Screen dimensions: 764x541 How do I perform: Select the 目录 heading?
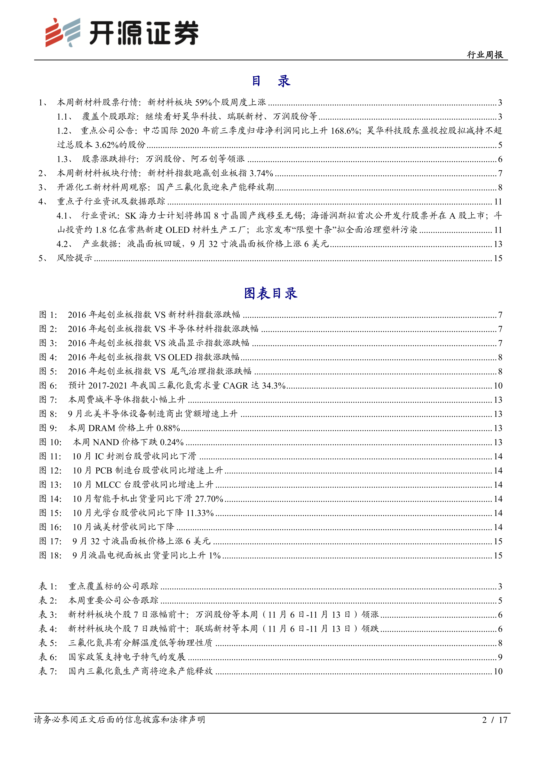coord(270,81)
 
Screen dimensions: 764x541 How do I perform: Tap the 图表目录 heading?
coord(270,293)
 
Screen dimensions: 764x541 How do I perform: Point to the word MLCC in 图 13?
coord(108,485)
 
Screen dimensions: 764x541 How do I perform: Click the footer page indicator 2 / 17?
coord(494,720)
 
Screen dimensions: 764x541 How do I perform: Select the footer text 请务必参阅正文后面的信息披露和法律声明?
coord(119,720)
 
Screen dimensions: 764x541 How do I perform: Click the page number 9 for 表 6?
coord(500,657)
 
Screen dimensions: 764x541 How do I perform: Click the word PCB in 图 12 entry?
coord(104,470)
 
